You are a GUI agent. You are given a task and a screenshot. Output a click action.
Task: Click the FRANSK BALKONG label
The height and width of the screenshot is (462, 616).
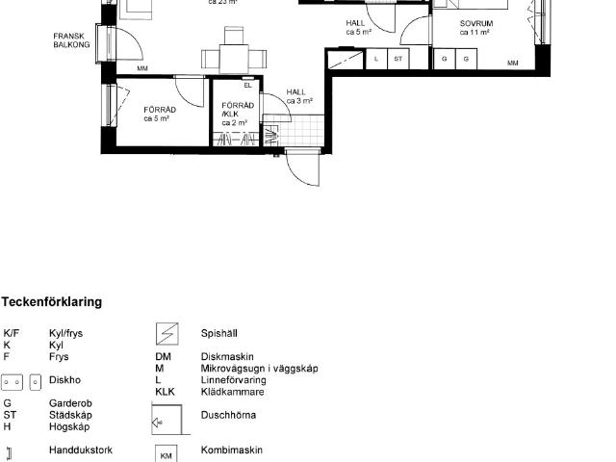click(x=71, y=39)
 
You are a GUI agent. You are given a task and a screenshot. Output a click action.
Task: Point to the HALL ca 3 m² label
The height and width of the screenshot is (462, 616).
click(x=298, y=96)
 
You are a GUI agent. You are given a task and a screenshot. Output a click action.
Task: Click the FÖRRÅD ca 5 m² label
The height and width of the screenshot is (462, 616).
click(x=157, y=114)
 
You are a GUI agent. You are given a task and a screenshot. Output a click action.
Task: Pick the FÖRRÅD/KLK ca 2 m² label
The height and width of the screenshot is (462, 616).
click(x=237, y=114)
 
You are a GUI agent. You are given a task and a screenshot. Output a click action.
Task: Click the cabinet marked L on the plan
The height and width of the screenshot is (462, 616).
click(x=376, y=60)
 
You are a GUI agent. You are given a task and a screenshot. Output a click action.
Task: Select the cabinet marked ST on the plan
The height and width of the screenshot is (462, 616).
click(x=396, y=60)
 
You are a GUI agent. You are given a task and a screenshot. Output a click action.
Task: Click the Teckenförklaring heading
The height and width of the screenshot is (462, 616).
click(x=52, y=302)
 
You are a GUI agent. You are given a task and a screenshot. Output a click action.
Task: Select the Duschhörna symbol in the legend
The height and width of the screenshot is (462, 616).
click(x=166, y=419)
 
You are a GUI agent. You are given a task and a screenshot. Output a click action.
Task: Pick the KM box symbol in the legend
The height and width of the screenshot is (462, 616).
click(x=166, y=452)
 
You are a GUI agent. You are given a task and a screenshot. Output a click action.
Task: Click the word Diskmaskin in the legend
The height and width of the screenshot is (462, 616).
click(x=223, y=356)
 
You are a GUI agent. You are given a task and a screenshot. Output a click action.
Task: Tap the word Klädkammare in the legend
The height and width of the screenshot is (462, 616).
click(x=232, y=392)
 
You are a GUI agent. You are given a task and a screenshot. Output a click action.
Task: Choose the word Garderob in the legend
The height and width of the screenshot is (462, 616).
click(x=70, y=403)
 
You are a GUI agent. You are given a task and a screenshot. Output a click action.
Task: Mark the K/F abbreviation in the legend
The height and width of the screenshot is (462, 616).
click(x=11, y=333)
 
